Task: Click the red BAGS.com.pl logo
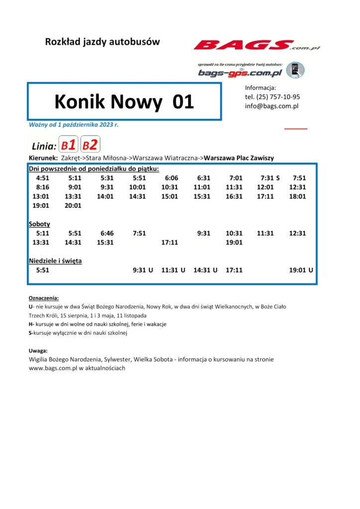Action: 256,46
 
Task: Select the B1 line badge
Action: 68,145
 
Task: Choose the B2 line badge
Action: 90,145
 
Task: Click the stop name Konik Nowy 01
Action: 124,102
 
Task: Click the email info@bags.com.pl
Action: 271,106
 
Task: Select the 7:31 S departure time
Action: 270,177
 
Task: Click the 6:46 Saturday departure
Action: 107,233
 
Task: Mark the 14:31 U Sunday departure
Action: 205,270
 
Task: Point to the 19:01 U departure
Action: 301,270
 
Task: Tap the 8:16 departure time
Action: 43,187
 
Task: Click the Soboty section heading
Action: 40,224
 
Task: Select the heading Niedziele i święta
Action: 55,260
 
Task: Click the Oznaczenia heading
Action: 44,298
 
